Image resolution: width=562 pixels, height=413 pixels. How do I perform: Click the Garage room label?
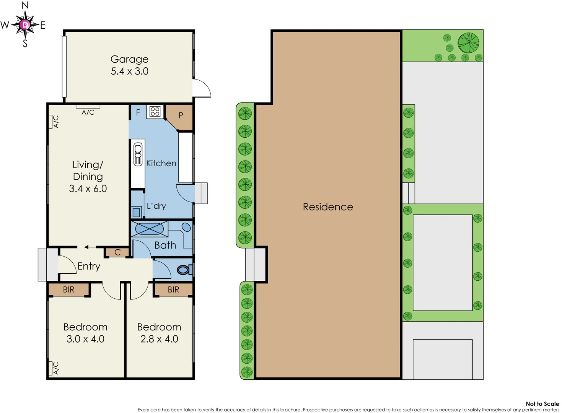coord(129,59)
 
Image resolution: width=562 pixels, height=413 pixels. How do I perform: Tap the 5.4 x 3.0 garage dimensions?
coord(129,71)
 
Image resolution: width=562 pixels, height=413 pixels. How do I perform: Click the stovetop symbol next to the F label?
coord(155,111)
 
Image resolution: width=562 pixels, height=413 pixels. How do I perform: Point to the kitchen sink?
coord(138,154)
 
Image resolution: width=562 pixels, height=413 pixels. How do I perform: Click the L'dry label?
coord(156,206)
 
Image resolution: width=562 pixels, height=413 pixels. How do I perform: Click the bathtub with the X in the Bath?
coord(149,229)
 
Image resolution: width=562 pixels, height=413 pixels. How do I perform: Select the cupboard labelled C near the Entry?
coord(117,252)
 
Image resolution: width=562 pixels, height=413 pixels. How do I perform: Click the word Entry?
coord(89,266)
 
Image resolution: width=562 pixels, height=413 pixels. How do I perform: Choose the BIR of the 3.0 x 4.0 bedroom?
coord(69,289)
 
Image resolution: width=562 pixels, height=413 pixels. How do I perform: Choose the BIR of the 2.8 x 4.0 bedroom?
coord(173,289)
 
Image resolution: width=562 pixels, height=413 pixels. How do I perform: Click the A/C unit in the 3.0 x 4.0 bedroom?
coord(51,368)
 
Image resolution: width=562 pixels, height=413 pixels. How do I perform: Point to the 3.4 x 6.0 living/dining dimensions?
coord(88,189)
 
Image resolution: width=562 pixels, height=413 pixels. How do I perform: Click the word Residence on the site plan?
coord(328,207)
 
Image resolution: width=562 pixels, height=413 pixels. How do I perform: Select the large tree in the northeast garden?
coord(468,42)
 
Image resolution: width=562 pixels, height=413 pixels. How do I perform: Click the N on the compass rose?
coord(25,5)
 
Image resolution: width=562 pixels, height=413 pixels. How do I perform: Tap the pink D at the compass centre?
coord(25,25)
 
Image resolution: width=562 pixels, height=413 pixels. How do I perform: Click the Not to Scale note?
coord(542,403)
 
